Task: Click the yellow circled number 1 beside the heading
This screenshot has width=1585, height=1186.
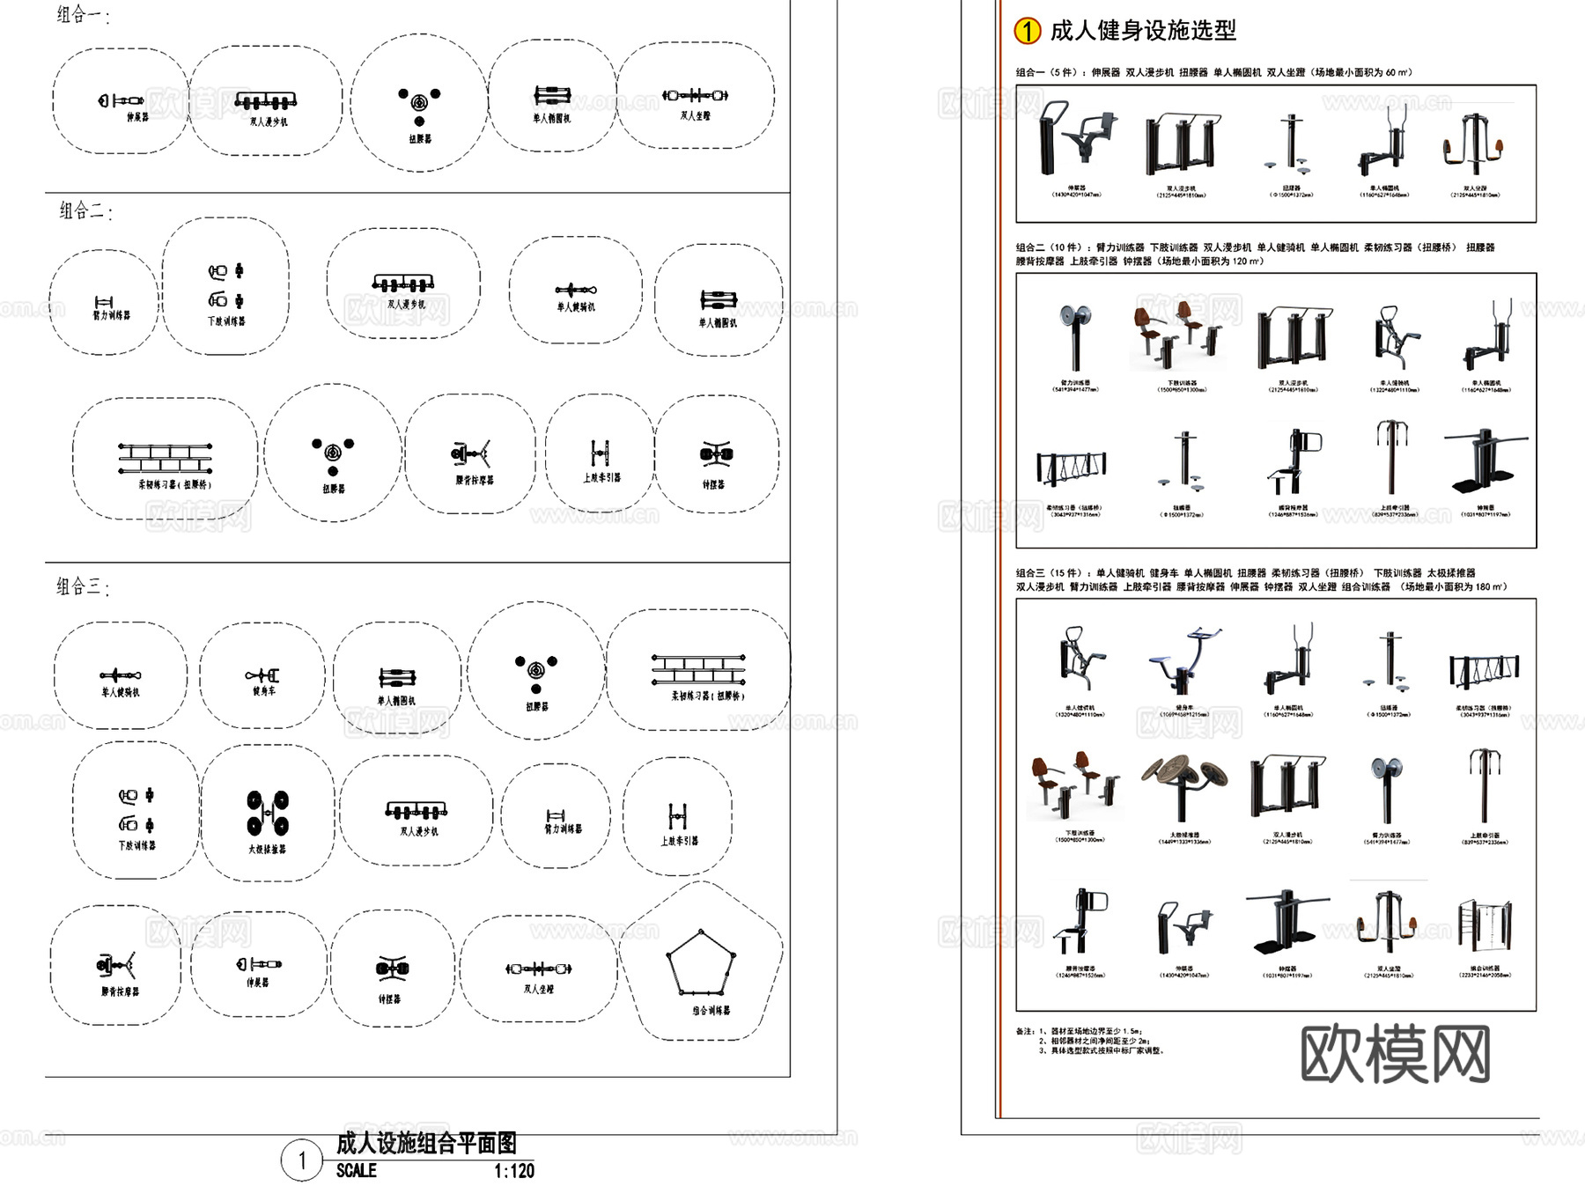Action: pyautogui.click(x=1027, y=31)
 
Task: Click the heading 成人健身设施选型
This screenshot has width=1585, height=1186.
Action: pyautogui.click(x=1143, y=31)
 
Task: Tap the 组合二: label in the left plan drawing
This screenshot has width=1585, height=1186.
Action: pyautogui.click(x=85, y=210)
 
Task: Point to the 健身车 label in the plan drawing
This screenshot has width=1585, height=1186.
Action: pyautogui.click(x=263, y=691)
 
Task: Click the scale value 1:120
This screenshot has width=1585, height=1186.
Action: pyautogui.click(x=513, y=1171)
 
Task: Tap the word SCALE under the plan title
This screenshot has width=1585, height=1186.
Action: pyautogui.click(x=356, y=1171)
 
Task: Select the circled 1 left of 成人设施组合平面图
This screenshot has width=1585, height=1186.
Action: pyautogui.click(x=302, y=1160)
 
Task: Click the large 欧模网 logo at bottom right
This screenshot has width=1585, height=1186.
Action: pyautogui.click(x=1395, y=1053)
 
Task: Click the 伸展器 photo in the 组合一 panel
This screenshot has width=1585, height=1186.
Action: pyautogui.click(x=1076, y=140)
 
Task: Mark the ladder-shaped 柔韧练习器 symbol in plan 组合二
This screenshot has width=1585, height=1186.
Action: pyautogui.click(x=165, y=458)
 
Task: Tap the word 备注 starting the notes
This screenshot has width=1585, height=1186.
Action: pyautogui.click(x=1024, y=1031)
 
